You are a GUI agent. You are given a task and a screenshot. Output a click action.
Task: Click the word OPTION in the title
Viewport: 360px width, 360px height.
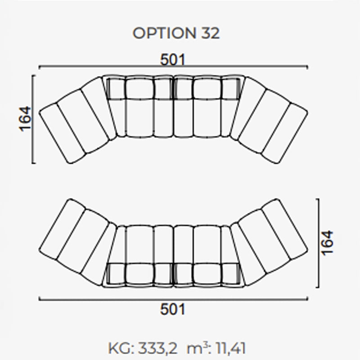pos(164,33)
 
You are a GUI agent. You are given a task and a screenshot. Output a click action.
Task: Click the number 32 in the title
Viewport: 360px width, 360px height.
pos(211,33)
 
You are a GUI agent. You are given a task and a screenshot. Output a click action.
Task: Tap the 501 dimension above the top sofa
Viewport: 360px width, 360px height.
pos(173,60)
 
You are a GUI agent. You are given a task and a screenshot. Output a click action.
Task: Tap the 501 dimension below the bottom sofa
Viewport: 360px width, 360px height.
pos(173,309)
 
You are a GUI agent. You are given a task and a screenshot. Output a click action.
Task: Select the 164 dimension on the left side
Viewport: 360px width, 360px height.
pos(25,119)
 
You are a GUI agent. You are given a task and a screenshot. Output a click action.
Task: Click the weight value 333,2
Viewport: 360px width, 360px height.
pos(158,348)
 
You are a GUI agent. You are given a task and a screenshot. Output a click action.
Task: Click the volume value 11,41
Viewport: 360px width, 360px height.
pos(231,348)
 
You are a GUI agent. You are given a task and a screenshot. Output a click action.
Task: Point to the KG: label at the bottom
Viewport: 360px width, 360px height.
pos(121,348)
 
